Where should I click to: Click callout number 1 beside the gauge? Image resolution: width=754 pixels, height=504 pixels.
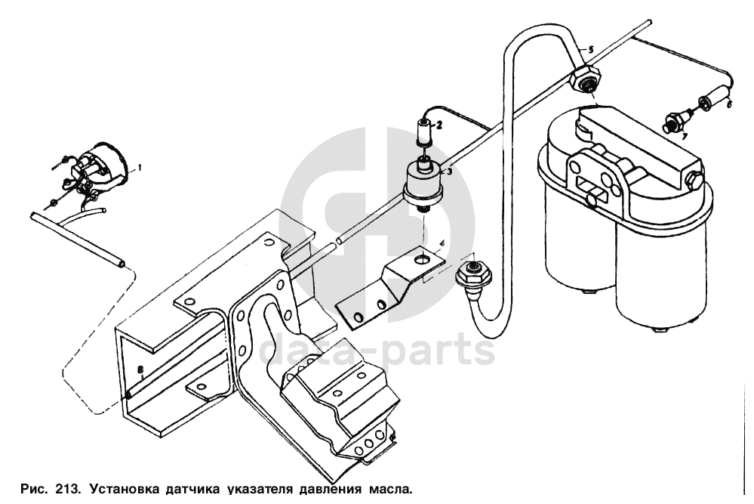(140, 166)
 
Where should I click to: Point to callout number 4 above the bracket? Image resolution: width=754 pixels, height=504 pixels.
(443, 243)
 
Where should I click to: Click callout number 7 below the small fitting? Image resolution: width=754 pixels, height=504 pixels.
(684, 138)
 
